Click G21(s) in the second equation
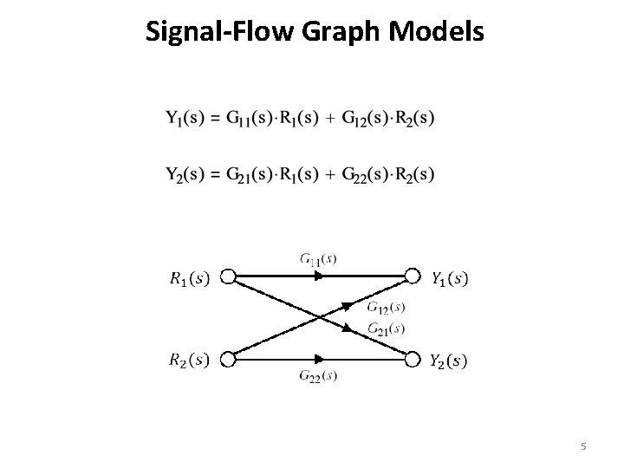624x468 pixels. coord(250,174)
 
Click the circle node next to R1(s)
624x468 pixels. coord(229,277)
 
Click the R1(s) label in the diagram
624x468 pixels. coord(190,278)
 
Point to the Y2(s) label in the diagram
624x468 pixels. coord(449,361)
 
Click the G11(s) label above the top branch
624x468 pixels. coord(319,258)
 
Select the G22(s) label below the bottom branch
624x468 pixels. coord(318,375)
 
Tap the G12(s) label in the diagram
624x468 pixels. coord(386,308)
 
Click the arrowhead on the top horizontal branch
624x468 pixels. coord(320,277)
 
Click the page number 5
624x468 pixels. coord(584,446)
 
